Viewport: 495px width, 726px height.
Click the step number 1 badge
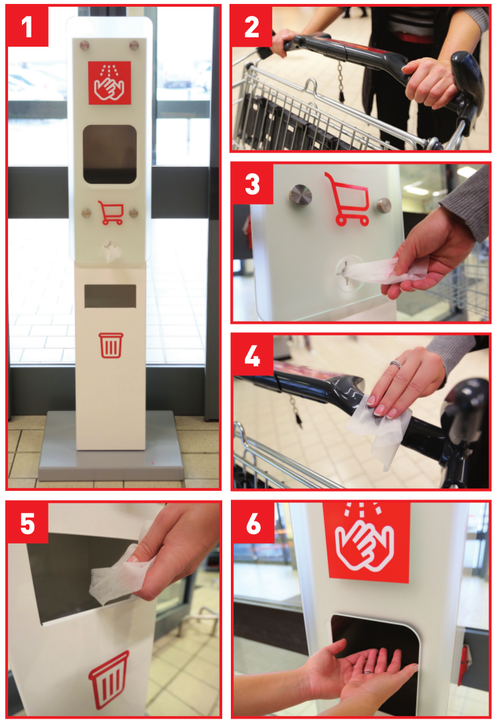coord(27,27)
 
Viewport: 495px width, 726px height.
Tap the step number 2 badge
coord(251,27)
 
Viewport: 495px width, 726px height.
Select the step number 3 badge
coord(252,184)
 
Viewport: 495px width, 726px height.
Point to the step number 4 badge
coord(252,356)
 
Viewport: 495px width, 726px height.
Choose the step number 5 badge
coord(27,523)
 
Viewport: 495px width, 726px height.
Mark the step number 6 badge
coord(253,523)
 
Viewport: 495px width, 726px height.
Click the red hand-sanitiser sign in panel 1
coord(110,83)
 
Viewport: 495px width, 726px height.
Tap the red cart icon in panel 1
coord(111,213)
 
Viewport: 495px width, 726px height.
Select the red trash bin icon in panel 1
coord(111,345)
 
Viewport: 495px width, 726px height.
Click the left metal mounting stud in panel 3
coord(301,195)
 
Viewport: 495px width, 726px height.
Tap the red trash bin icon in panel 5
coord(109,681)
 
